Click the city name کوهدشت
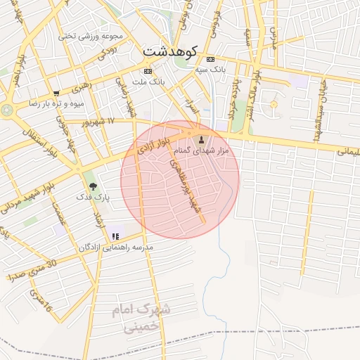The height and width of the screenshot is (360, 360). [172, 51]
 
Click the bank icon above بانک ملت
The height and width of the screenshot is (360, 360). [148, 71]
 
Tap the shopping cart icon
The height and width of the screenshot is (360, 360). [56, 93]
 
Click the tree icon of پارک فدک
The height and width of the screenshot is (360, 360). [94, 186]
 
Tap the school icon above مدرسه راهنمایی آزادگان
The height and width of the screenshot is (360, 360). [115, 236]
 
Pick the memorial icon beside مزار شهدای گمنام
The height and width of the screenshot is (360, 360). [203, 140]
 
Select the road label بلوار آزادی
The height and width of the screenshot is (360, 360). [154, 148]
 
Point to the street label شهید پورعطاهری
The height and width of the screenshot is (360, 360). [186, 186]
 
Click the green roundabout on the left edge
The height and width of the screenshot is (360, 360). [7, 110]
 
